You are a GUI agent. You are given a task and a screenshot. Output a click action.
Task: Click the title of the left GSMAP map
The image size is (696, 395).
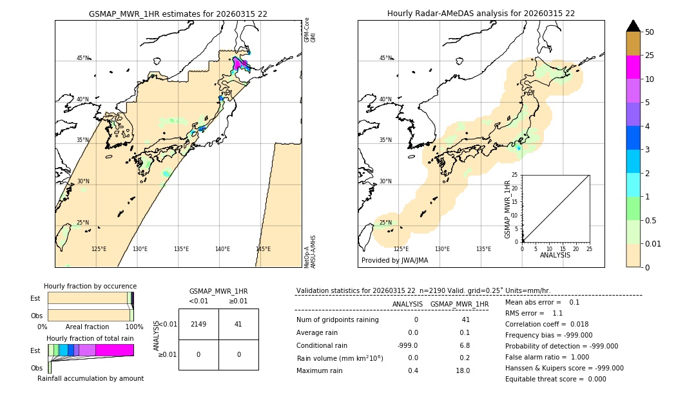coord(178,14)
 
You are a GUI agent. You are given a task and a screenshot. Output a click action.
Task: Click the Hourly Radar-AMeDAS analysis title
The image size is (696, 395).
coord(481,14)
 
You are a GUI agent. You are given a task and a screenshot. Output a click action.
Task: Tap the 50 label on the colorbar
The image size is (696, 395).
coord(650,32)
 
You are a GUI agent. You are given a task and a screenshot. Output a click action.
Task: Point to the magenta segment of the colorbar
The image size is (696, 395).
coord(633,67)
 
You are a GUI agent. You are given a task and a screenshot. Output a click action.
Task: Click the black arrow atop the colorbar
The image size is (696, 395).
coord(633,26)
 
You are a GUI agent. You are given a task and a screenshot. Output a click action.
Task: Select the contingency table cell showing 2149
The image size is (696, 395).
coord(198,324)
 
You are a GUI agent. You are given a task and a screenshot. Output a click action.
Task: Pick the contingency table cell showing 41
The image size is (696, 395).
coord(238,324)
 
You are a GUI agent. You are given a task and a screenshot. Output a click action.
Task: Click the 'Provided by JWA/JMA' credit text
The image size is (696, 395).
coord(394,260)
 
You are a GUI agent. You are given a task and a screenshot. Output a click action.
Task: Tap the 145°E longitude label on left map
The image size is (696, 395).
coord(263,249)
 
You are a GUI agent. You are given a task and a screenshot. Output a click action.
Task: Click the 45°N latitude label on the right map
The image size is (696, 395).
coord(385,58)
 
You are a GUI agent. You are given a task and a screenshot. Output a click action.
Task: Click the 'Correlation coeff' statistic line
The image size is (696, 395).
coord(547,324)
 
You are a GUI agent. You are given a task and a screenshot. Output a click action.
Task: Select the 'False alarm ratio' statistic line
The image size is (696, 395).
coord(547,357)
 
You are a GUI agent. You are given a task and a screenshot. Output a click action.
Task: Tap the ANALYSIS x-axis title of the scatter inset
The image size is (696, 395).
coord(555,255)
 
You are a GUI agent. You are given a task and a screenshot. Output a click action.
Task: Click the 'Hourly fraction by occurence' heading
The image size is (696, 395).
coord(90,286)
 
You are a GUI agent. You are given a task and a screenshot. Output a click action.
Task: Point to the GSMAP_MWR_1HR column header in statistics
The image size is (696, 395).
coord(459,304)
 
